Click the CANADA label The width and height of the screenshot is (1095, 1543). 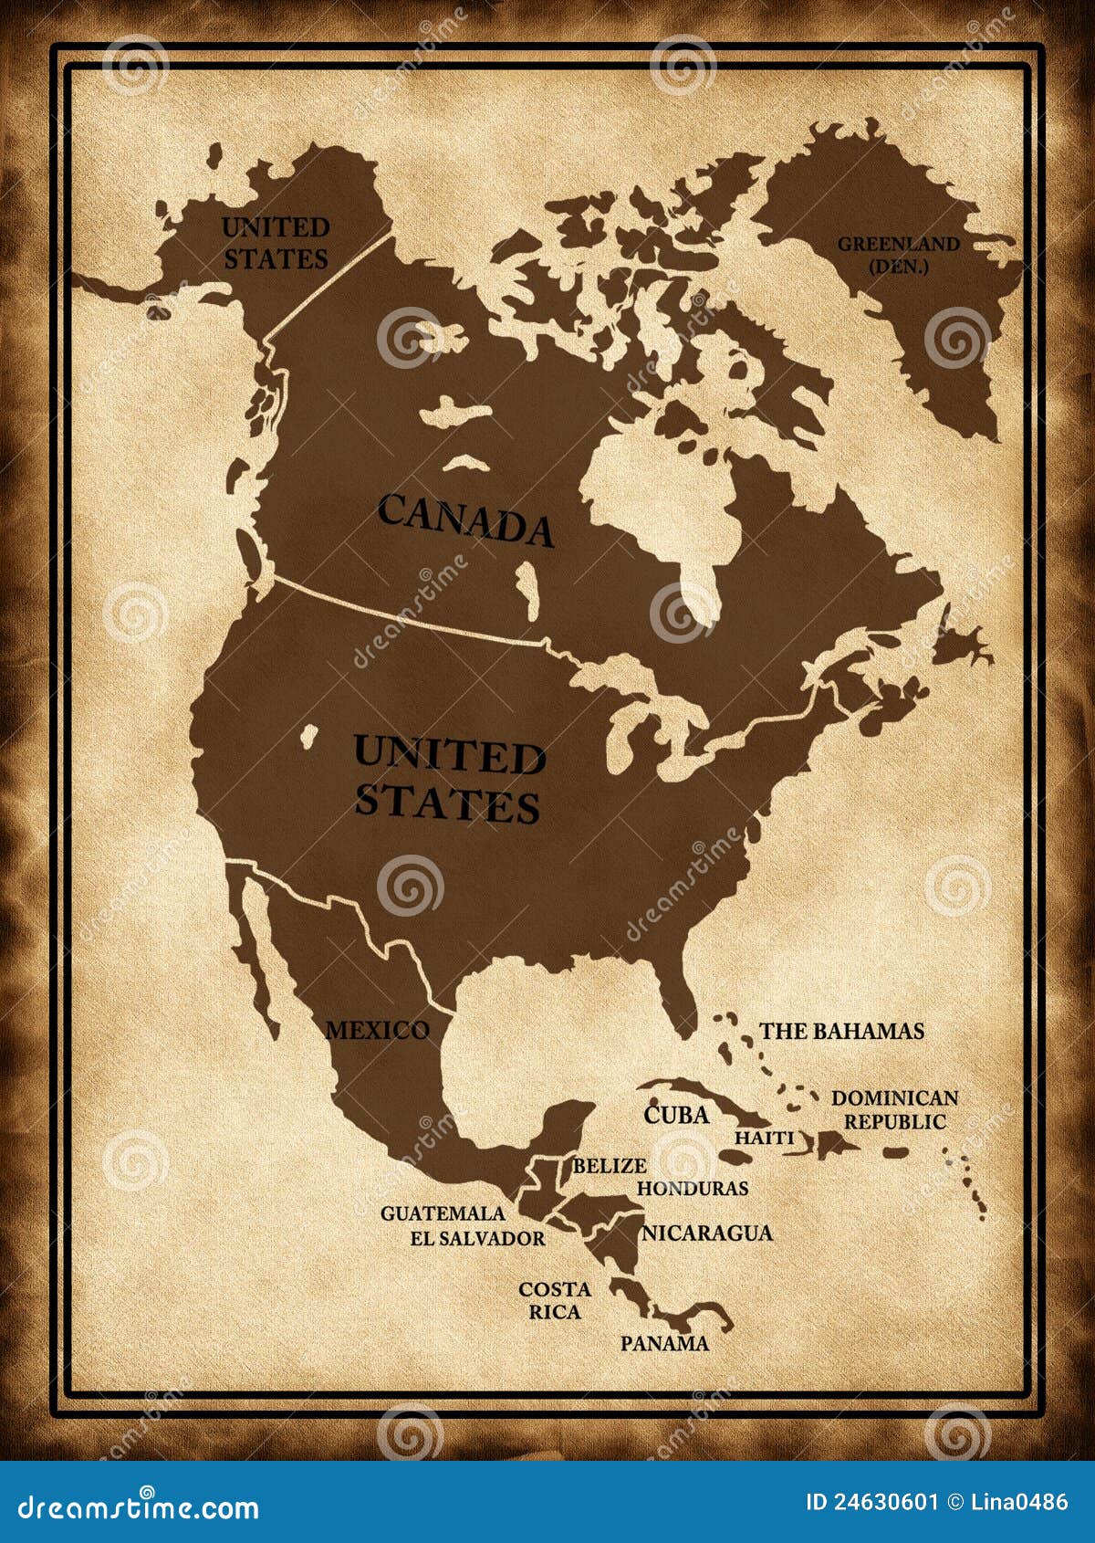pos(465,520)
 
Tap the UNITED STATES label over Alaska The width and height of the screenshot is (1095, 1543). pos(275,243)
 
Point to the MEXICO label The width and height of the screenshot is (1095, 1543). pos(377,1030)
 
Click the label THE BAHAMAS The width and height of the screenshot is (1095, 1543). pos(841,1031)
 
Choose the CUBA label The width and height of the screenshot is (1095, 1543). pos(676,1114)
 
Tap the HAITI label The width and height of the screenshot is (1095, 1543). pos(765,1139)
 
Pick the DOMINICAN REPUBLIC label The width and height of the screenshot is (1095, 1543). pos(894,1109)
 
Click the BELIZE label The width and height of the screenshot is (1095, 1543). pos(609,1166)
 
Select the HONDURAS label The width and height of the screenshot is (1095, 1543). pos(692,1188)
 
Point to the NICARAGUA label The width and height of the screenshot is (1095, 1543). pos(707,1233)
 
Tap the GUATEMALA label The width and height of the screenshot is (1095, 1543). pos(443,1213)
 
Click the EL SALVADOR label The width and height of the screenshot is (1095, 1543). pos(477,1238)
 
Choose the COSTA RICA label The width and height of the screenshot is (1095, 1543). pos(555,1300)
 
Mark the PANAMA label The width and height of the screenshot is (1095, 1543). pos(664,1343)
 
